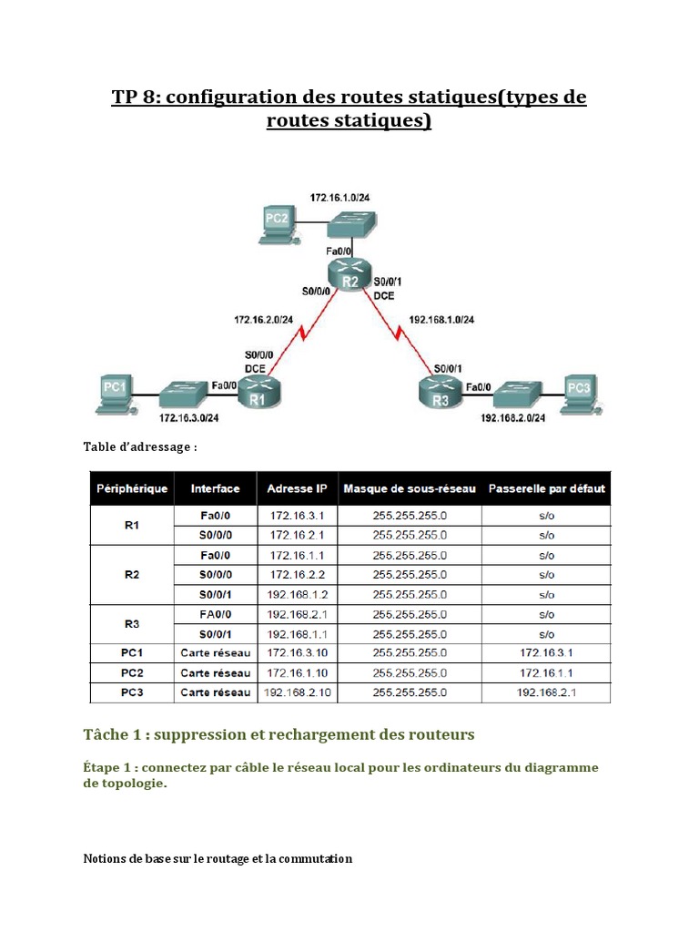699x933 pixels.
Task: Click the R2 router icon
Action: coord(349,273)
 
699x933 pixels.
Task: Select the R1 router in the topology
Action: coord(258,394)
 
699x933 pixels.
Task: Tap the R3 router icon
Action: coord(441,393)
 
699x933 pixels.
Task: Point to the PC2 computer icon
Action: coord(276,221)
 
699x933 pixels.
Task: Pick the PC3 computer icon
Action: coord(580,393)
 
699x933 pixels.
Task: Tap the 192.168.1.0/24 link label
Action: coord(443,320)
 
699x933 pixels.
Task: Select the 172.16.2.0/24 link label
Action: coord(263,320)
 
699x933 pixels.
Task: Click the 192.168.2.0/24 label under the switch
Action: coord(512,418)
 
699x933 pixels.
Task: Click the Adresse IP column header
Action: coord(298,489)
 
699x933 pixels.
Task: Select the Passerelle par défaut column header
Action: coord(546,489)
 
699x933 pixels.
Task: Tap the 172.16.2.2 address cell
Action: coord(298,574)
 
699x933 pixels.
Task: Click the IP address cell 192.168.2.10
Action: coord(298,692)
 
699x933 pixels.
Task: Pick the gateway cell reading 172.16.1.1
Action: coord(546,672)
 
